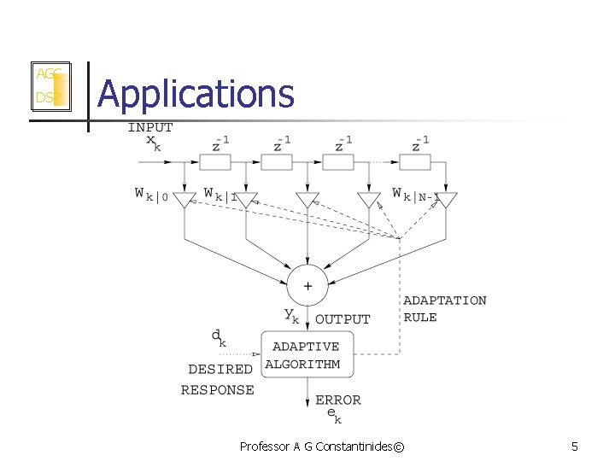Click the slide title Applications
tap(196, 94)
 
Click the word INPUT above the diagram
tap(150, 127)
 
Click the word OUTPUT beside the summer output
tap(343, 319)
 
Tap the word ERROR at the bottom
tap(338, 400)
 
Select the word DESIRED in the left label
tap(220, 370)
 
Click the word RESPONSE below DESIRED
tap(218, 390)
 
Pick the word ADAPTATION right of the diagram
tap(445, 301)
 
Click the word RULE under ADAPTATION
tap(420, 318)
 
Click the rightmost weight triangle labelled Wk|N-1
tap(446, 201)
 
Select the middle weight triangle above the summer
tap(307, 201)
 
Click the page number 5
tap(575, 446)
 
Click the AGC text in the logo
tap(46, 74)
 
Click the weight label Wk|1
tap(220, 194)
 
